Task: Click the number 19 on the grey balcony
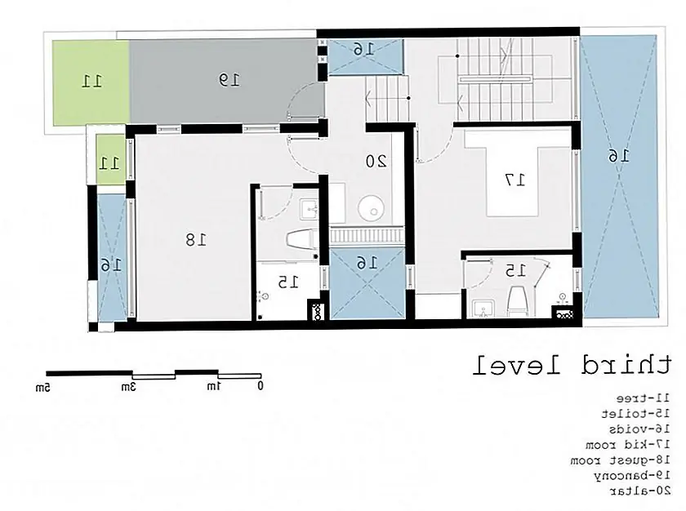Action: click(229, 80)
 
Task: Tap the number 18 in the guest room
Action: click(195, 239)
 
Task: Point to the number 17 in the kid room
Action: click(515, 180)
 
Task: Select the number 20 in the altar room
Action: click(376, 162)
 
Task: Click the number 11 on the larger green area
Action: click(91, 81)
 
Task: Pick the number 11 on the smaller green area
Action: click(109, 163)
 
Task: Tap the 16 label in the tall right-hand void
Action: click(619, 156)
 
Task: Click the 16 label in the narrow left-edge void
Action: click(111, 264)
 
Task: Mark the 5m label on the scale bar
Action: click(42, 386)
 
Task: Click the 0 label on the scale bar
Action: click(261, 385)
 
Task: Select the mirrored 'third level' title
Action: click(572, 366)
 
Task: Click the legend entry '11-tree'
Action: click(643, 398)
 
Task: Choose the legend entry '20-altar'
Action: click(639, 491)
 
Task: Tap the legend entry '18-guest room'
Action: click(620, 460)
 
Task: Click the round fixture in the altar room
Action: click(371, 207)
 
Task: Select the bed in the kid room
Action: click(512, 174)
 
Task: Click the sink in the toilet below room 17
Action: click(483, 309)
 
